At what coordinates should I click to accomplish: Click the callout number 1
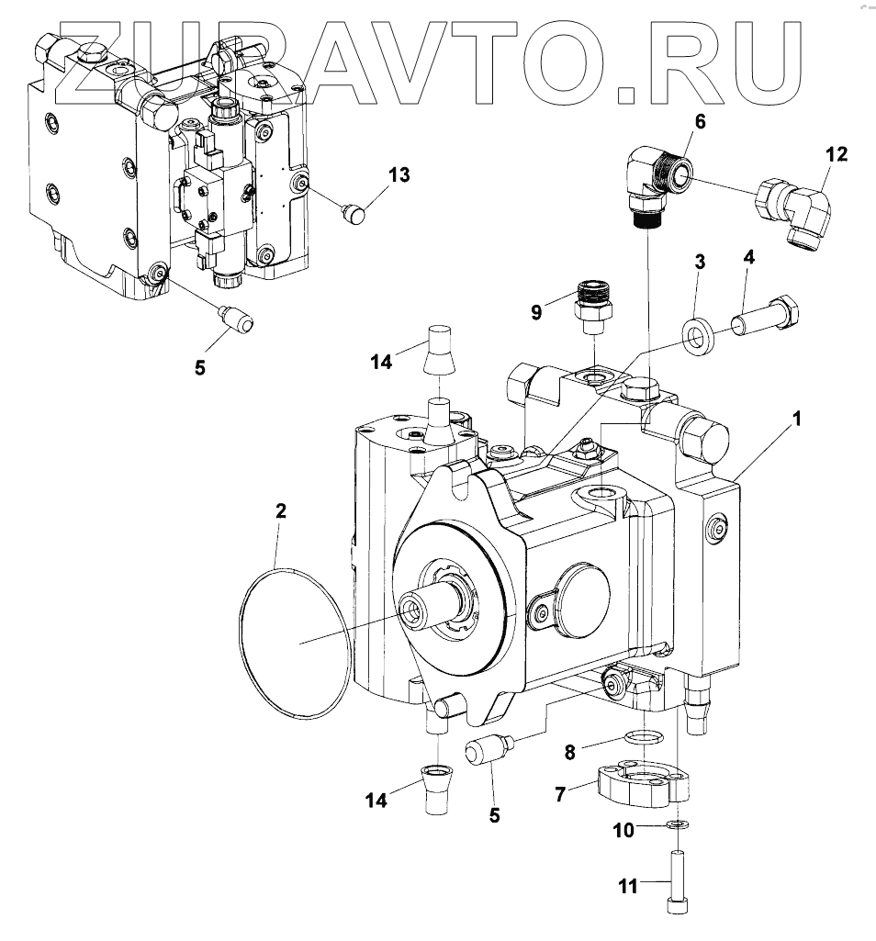[798, 419]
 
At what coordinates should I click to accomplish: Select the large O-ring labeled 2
[243, 643]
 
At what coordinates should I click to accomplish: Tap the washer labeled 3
[701, 336]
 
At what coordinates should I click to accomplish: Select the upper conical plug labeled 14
[439, 350]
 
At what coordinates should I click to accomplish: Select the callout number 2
[281, 510]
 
